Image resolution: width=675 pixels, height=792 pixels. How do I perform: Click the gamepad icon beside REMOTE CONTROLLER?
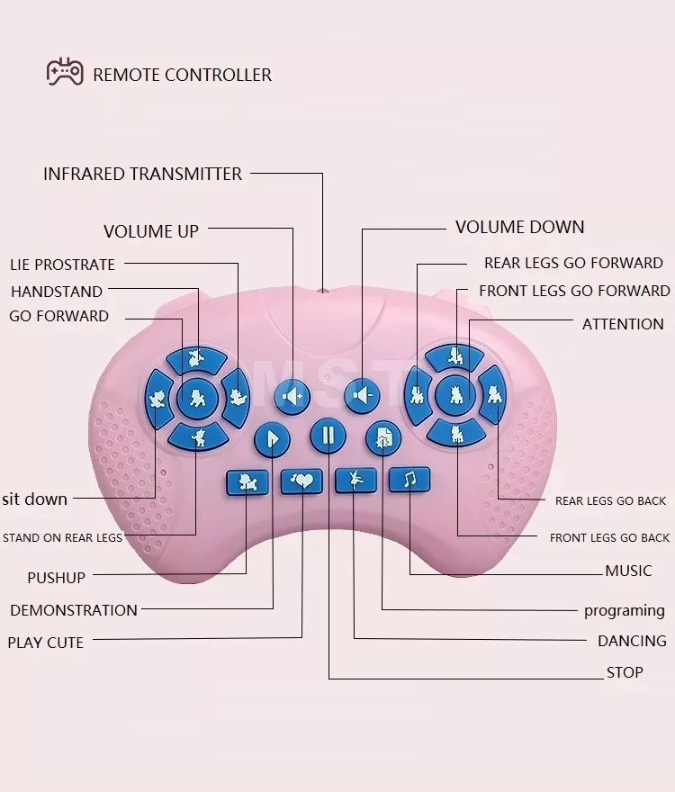click(x=65, y=72)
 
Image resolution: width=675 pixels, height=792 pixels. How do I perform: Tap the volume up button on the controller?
click(x=292, y=395)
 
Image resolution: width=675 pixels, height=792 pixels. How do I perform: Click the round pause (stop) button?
click(x=328, y=436)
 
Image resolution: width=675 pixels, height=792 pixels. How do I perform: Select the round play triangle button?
click(x=272, y=440)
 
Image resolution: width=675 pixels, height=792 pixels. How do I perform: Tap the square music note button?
click(x=409, y=479)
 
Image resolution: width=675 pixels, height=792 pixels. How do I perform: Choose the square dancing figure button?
click(x=355, y=480)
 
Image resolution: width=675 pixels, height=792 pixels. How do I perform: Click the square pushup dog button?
click(x=247, y=482)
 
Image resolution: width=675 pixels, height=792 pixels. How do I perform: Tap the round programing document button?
click(x=383, y=437)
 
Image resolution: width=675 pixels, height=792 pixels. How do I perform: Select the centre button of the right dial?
click(x=455, y=393)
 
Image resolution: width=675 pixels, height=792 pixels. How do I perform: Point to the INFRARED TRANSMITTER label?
click(x=142, y=174)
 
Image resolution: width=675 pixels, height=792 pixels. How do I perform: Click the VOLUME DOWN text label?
click(x=519, y=227)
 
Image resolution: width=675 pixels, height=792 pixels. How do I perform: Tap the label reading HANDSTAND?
click(x=56, y=292)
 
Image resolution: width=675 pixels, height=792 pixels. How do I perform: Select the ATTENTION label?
click(x=622, y=324)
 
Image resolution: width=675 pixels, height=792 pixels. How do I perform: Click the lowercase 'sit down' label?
click(x=34, y=499)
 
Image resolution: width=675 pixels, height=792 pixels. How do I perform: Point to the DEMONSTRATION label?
click(x=74, y=610)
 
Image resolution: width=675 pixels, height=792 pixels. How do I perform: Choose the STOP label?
click(x=625, y=672)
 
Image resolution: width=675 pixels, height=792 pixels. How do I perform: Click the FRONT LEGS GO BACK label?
click(x=609, y=537)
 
